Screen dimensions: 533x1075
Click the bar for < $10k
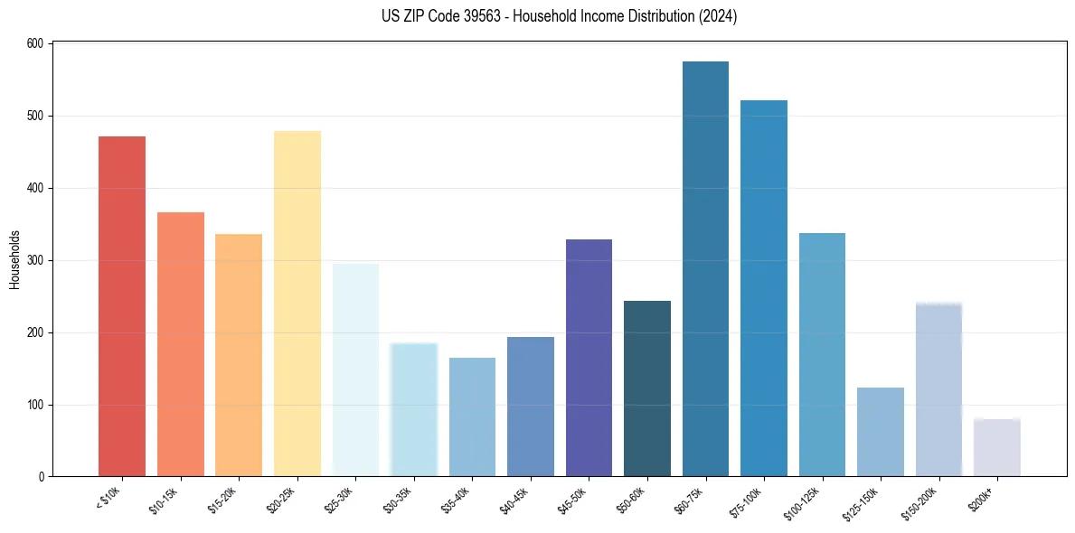tap(122, 306)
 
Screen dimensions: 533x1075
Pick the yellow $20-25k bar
tap(297, 304)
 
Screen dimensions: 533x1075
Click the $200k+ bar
tap(997, 447)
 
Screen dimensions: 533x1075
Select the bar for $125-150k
tap(881, 432)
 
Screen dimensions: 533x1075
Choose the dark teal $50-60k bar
tap(647, 388)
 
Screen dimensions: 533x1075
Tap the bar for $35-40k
tap(472, 416)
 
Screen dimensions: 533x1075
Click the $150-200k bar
tap(938, 389)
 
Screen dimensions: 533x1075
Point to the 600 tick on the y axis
tap(36, 43)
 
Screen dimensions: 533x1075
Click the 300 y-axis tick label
tap(36, 260)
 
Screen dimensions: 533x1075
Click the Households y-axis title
tap(14, 259)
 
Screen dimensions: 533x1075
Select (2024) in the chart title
tap(717, 15)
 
